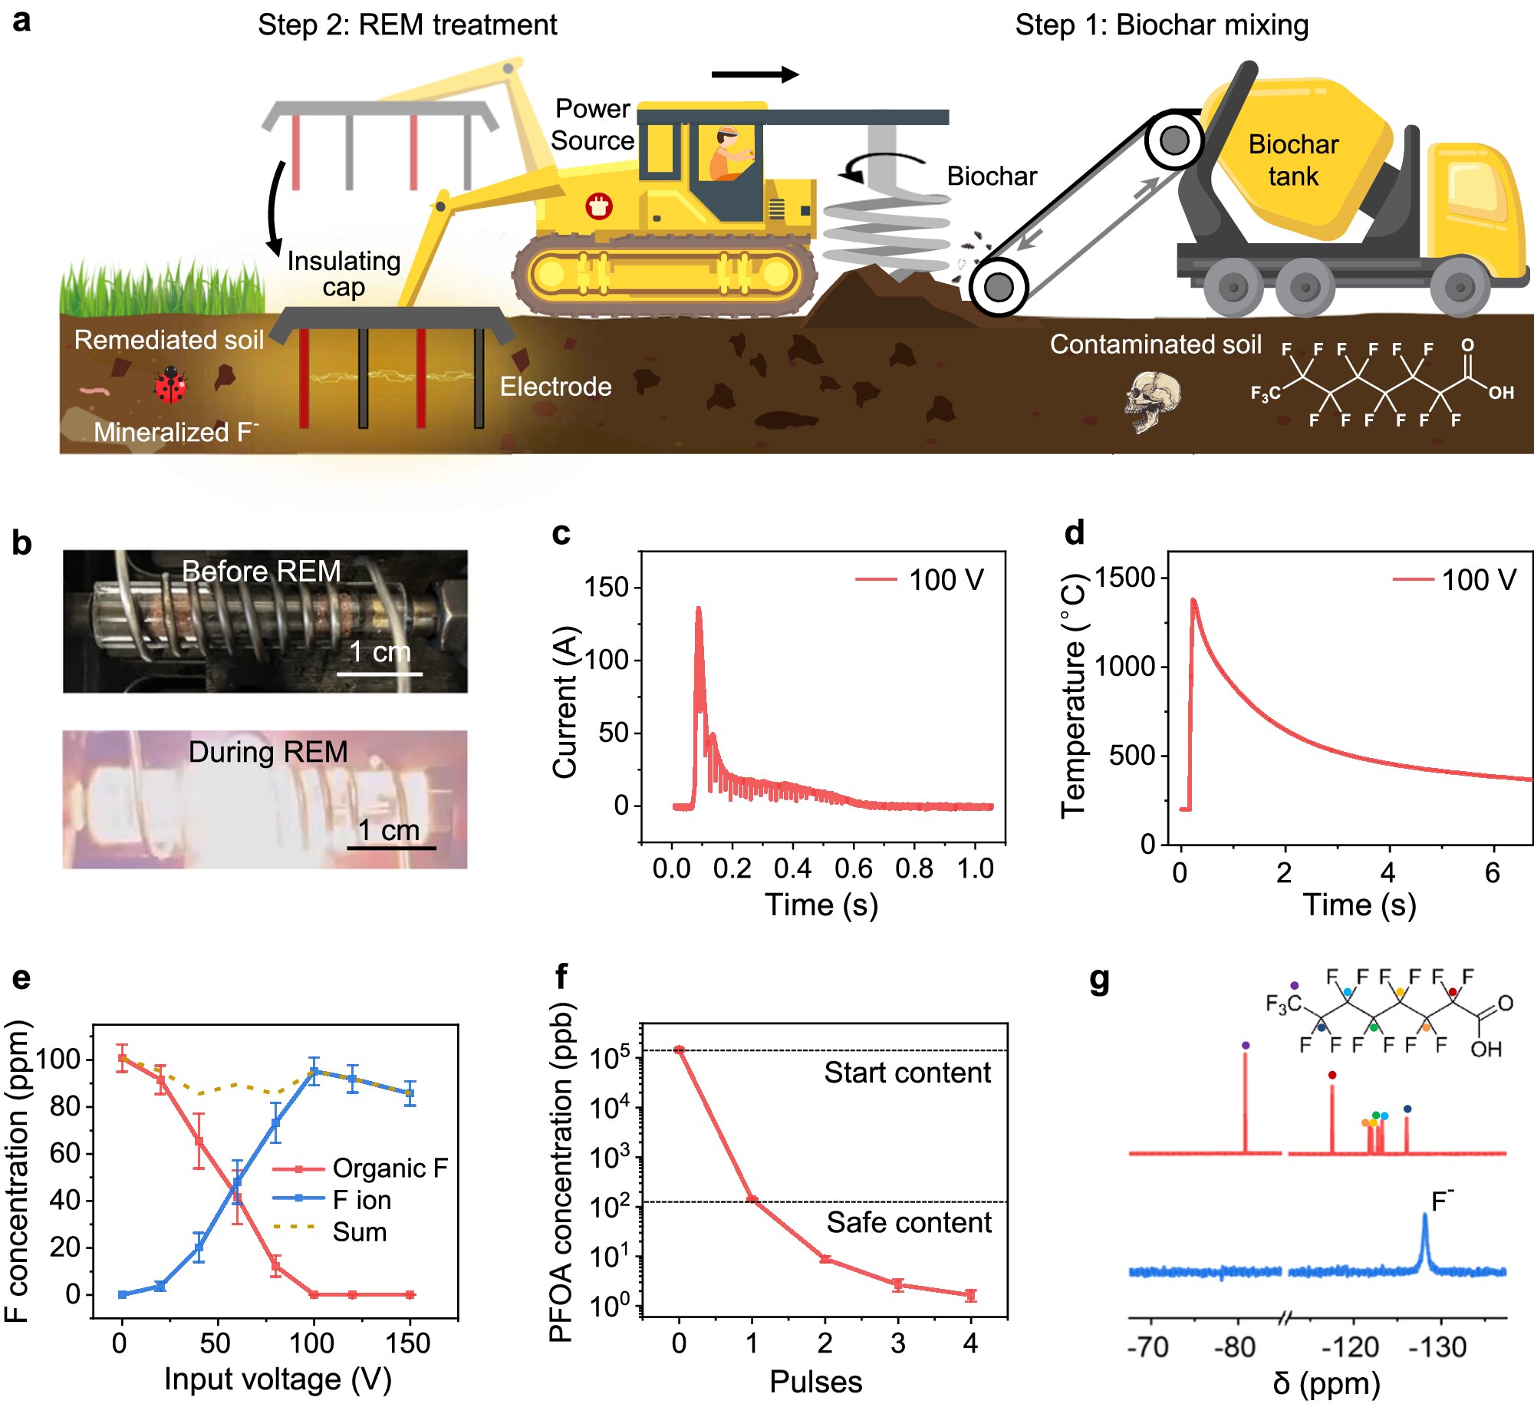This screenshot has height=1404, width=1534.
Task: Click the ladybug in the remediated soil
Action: tap(170, 384)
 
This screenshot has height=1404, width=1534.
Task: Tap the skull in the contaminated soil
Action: tap(1152, 400)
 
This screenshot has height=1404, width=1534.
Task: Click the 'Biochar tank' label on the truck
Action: tap(1293, 160)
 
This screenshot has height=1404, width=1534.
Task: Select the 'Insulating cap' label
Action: tap(344, 273)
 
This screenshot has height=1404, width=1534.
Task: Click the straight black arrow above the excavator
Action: tap(755, 74)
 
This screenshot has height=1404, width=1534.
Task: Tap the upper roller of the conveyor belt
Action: tap(1174, 140)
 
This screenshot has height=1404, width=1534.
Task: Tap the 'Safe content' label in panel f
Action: tap(908, 1222)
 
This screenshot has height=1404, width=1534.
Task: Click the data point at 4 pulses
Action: tap(970, 1295)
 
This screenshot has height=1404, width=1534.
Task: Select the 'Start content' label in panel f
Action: tap(907, 1073)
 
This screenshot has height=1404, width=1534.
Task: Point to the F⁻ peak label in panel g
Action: tap(1442, 1199)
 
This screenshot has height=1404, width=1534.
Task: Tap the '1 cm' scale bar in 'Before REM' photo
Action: tap(380, 673)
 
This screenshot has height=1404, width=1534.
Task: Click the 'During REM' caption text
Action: tap(268, 752)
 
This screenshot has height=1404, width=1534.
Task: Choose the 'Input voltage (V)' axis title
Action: tap(278, 1379)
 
